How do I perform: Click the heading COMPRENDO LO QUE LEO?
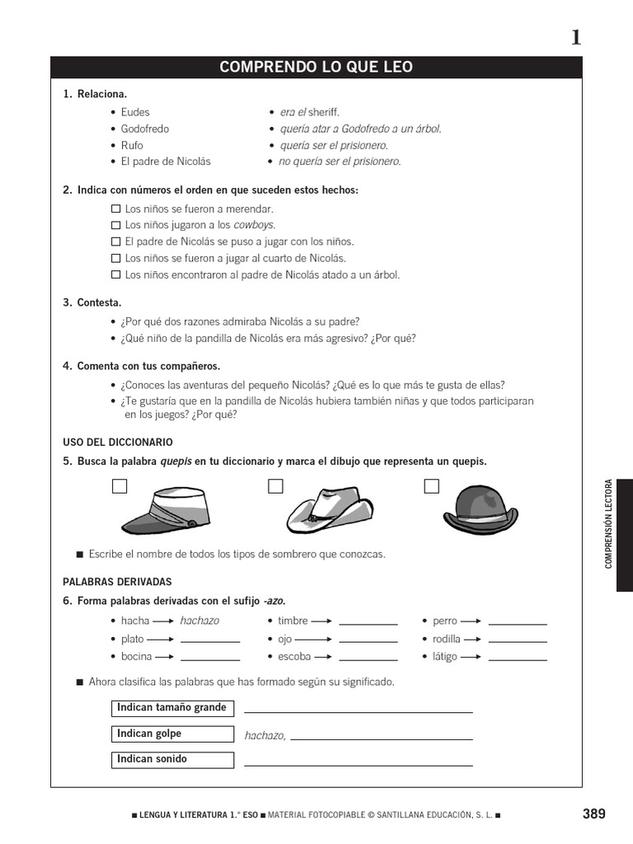coord(316,67)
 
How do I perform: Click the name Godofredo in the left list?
coord(145,129)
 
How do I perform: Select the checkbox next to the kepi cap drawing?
coord(120,486)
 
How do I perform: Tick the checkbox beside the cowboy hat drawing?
coord(275,486)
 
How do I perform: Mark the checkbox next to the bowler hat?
coord(431,486)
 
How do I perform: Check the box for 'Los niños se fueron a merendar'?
coord(115,209)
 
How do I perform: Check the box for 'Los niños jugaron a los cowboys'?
coord(115,225)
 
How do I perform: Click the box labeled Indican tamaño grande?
coord(172,708)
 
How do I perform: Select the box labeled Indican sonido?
coord(172,759)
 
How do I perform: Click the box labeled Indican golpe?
coord(172,734)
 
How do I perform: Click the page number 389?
coord(593,814)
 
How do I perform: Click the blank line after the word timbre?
coord(368,623)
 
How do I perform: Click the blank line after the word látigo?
coord(517,658)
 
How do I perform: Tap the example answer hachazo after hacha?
coord(199,621)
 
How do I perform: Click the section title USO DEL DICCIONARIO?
coord(118,443)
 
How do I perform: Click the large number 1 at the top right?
coord(575,37)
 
